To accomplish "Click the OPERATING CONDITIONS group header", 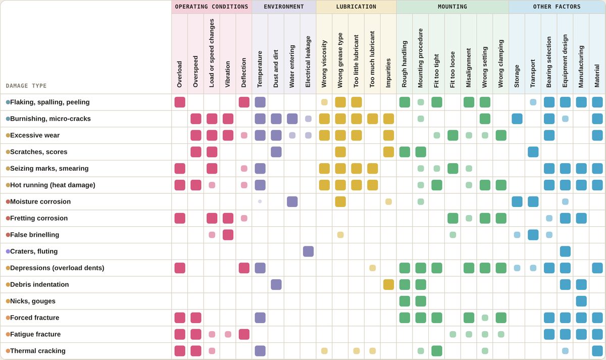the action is tap(212, 7).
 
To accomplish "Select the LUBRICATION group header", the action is tap(356, 7).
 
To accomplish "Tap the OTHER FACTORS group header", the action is tap(557, 7).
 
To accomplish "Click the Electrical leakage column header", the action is tap(308, 62).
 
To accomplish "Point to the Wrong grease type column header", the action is tap(340, 60).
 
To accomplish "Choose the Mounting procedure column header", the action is tap(420, 58).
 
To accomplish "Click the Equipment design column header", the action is tap(565, 61).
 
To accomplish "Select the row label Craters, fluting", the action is tap(34, 251).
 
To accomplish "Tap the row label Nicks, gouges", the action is tap(33, 301).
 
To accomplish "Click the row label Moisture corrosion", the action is tap(40, 201).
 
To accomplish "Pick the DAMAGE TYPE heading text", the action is tap(26, 86).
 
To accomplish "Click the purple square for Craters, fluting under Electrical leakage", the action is tap(308, 251).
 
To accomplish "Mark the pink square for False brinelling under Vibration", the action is tap(228, 235).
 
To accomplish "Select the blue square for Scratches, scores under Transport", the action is tap(533, 152).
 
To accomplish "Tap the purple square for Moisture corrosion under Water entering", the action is tap(292, 201).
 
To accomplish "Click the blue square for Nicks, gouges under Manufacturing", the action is tap(581, 301).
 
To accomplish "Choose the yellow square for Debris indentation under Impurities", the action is tap(388, 285).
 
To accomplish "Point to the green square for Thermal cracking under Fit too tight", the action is tap(437, 351).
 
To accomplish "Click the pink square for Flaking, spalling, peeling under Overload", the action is tap(180, 102).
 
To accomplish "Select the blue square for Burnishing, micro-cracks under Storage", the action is tap(517, 119).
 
